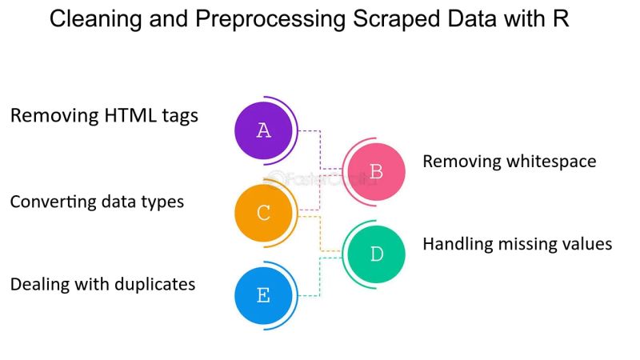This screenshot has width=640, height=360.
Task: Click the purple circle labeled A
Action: [x=263, y=130]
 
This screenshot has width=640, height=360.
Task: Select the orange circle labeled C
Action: [x=263, y=214]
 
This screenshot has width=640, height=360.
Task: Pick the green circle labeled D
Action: [x=376, y=254]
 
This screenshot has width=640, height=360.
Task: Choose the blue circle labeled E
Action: [x=263, y=296]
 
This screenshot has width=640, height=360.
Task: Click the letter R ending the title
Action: [x=561, y=19]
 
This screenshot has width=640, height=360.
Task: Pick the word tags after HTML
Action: [x=181, y=116]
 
